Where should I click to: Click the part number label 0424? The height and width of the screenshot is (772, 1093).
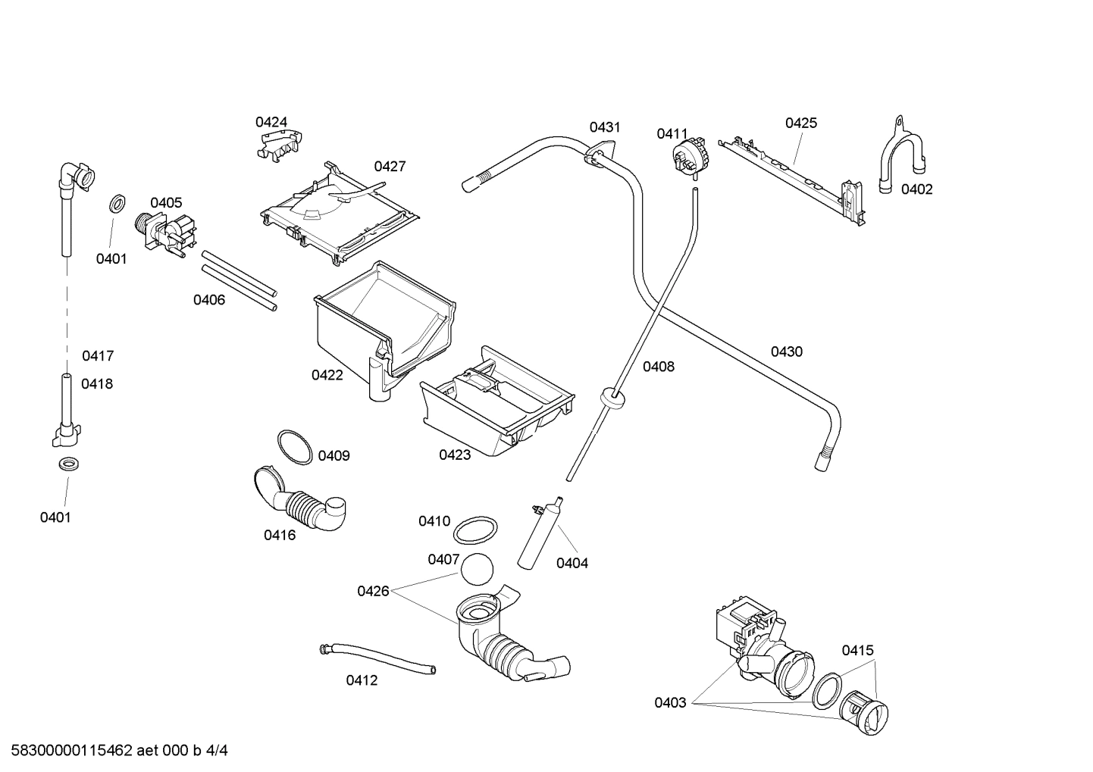click(x=271, y=122)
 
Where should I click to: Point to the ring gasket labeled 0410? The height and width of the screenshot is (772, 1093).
click(x=476, y=530)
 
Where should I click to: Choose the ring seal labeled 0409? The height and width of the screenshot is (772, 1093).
click(x=294, y=446)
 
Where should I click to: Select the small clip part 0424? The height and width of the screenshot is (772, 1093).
click(x=280, y=144)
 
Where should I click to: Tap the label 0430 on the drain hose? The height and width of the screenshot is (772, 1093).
click(x=786, y=352)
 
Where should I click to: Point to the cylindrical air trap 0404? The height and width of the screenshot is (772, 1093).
click(x=540, y=534)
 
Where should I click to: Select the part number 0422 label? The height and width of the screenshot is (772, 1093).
click(x=327, y=375)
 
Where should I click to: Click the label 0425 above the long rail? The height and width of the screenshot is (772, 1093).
click(x=800, y=123)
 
